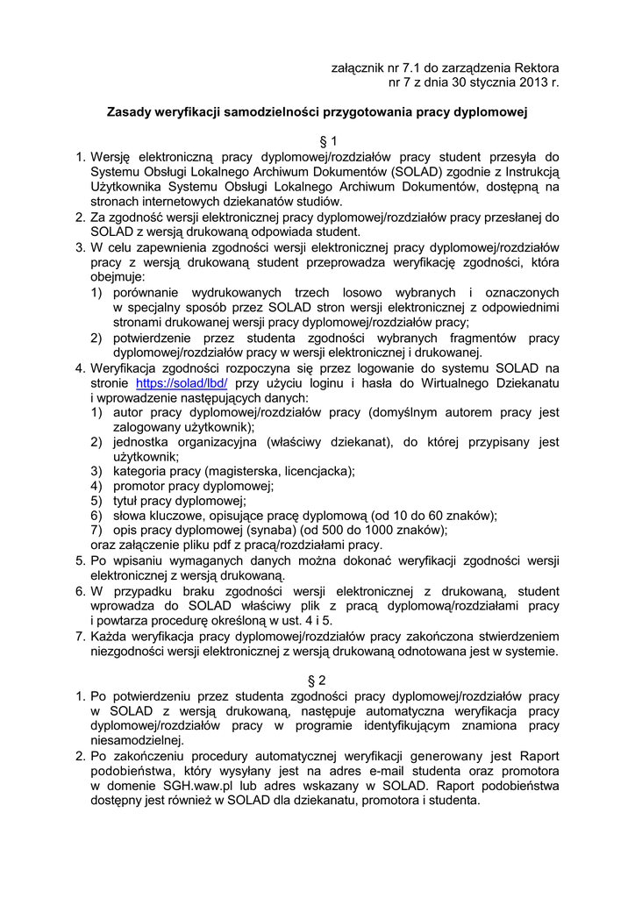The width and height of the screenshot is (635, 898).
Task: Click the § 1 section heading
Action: point(317,142)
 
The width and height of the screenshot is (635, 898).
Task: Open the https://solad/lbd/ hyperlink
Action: point(182,384)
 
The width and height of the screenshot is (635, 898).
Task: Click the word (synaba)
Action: point(255,530)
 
